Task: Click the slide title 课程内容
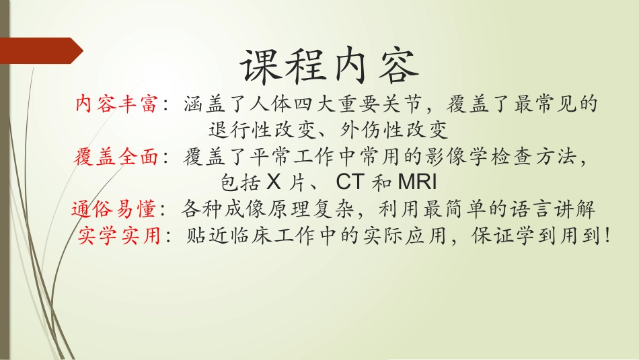pos(329,66)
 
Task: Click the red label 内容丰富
pos(116,104)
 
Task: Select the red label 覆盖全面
pos(116,157)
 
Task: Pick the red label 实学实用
pos(119,236)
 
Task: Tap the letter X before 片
pos(272,182)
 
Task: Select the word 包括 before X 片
pos(240,182)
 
